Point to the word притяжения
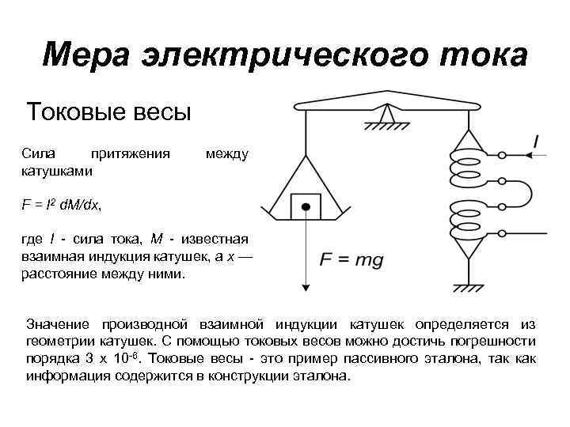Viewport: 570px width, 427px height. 131,153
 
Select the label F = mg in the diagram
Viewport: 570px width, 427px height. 351,259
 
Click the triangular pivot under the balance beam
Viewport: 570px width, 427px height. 387,115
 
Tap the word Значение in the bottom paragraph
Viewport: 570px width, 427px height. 60,325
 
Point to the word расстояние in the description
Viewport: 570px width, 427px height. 59,274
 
